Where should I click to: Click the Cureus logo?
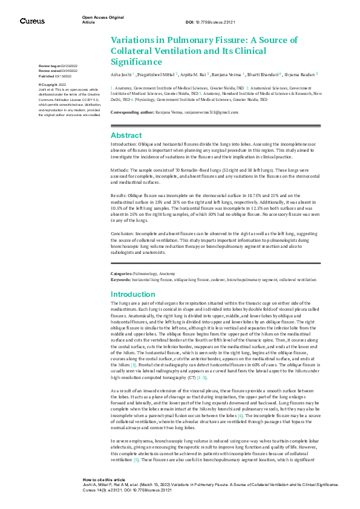[32, 21]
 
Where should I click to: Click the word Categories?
[122, 274]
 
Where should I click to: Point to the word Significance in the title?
[136, 61]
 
